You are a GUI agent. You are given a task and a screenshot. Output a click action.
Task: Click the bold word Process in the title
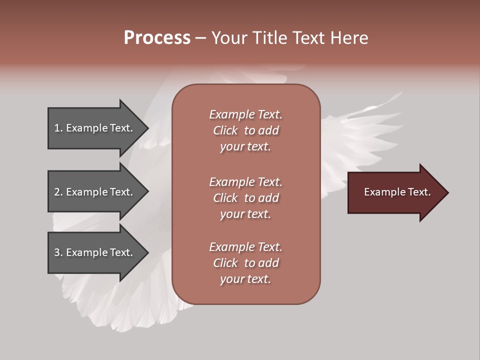coord(157,38)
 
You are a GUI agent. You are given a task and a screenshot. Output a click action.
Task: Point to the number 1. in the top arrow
coord(58,128)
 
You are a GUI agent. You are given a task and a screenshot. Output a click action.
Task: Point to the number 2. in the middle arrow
coord(58,192)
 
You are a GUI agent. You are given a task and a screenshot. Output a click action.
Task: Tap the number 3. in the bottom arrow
coord(58,252)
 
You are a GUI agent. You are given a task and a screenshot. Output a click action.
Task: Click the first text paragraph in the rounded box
coord(245,130)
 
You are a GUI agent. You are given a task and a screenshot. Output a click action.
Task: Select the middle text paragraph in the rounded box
coord(245,198)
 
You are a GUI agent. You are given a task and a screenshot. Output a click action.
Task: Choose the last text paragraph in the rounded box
coord(245,263)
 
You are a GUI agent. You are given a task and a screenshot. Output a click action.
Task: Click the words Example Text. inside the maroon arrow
coord(397,192)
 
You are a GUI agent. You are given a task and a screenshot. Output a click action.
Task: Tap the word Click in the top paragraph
coord(225,130)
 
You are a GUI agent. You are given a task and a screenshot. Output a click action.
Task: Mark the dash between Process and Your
coord(200,38)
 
